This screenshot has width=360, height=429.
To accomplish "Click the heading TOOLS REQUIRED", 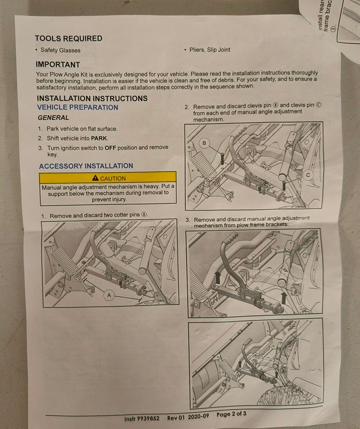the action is [69, 39].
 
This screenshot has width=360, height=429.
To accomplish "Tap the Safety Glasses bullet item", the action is [60, 50].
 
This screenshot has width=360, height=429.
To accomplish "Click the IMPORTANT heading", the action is [57, 65].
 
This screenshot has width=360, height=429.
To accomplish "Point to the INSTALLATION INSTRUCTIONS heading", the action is [92, 98].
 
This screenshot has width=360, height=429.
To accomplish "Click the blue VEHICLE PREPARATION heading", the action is [78, 107].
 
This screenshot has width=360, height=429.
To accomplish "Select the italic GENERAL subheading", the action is [54, 118].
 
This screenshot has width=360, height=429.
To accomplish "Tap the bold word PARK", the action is [99, 138].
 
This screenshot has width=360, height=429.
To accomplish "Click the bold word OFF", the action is [111, 147].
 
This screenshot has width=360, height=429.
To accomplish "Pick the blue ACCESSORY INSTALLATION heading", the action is [86, 166].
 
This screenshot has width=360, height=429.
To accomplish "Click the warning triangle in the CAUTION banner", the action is [95, 178].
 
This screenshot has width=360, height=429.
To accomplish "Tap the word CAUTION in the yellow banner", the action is [113, 178].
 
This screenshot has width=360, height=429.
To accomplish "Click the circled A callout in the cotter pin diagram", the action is [109, 295].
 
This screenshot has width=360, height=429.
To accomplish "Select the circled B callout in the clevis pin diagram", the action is [204, 143].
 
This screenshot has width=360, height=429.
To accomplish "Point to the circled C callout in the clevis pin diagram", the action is [308, 175].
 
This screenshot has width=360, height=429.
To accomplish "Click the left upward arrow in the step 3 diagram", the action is [218, 278].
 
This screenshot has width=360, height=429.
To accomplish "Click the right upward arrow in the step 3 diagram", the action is [284, 298].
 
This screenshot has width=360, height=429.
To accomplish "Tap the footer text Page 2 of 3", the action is [231, 414].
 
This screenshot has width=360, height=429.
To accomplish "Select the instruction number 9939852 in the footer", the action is [148, 418].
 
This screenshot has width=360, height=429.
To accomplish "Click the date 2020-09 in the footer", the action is [199, 416].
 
